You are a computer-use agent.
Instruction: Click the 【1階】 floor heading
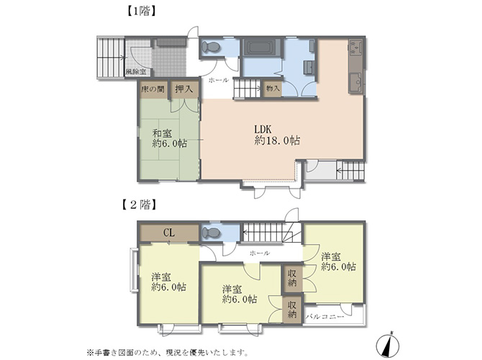pyautogui.click(x=142, y=12)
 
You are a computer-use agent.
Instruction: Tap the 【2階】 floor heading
pyautogui.click(x=137, y=204)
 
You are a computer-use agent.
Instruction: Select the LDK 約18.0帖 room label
pyautogui.click(x=277, y=135)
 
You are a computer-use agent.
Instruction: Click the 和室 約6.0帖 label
pyautogui.click(x=170, y=138)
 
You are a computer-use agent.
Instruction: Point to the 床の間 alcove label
pyautogui.click(x=153, y=89)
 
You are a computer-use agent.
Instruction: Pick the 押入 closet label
pyautogui.click(x=184, y=89)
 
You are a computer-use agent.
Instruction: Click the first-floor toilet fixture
pyautogui.click(x=211, y=47)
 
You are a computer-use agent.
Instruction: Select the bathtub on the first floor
pyautogui.click(x=262, y=47)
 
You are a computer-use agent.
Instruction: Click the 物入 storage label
pyautogui.click(x=273, y=89)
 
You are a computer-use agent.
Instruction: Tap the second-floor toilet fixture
pyautogui.click(x=212, y=233)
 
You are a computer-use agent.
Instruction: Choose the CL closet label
pyautogui.click(x=169, y=233)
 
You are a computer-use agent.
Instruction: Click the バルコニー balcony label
pyautogui.click(x=324, y=317)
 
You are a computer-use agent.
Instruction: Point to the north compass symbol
pyautogui.click(x=388, y=344)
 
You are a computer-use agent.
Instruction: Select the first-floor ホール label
pyautogui.click(x=219, y=81)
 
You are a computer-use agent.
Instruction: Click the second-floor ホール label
pyautogui.click(x=260, y=253)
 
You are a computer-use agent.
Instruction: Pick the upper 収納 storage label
pyautogui.click(x=292, y=278)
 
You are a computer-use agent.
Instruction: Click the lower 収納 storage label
pyautogui.click(x=292, y=310)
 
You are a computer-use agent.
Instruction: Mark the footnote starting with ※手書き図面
pyautogui.click(x=167, y=351)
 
